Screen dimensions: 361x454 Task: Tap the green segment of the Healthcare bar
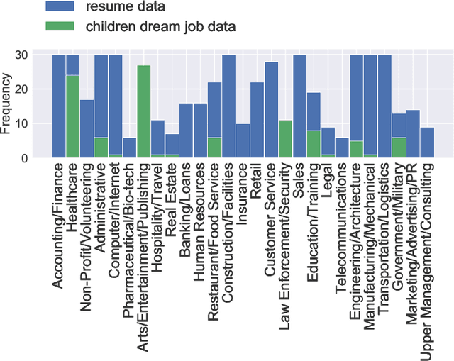point(72,116)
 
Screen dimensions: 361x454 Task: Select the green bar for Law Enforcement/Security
point(285,139)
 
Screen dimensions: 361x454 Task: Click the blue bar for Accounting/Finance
point(58,106)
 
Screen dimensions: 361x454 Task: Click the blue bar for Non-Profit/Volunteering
point(87,128)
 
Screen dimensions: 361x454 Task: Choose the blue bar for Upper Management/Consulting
point(427,143)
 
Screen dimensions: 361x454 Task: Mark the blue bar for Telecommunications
point(342,148)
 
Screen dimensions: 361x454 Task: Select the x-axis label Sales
point(300,177)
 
